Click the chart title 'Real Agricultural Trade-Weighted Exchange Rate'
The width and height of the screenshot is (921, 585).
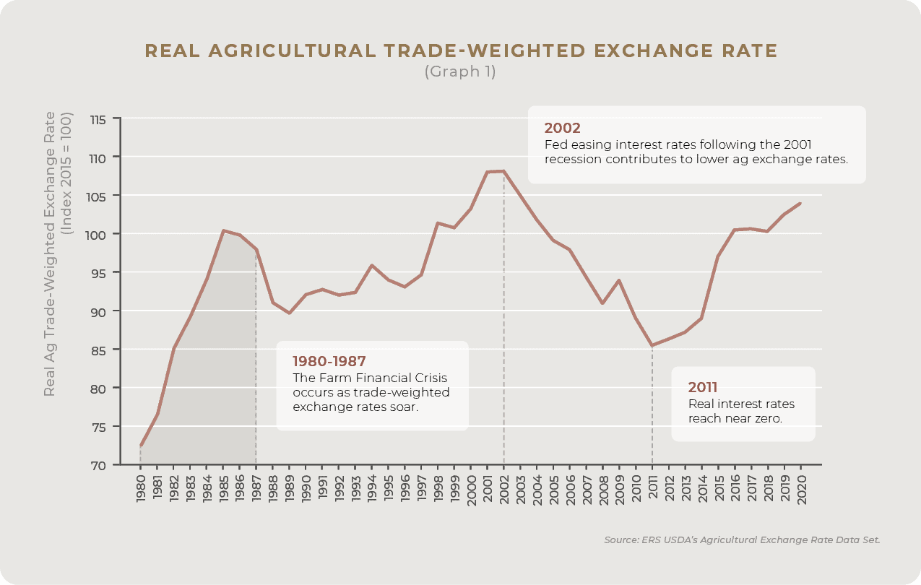461,51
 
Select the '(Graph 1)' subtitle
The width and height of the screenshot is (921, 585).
460,71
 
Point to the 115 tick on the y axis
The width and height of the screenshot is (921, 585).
98,118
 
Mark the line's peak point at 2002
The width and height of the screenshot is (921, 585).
503,171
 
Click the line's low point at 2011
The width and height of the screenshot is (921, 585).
652,345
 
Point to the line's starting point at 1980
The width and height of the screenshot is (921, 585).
141,446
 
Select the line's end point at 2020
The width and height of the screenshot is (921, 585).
800,203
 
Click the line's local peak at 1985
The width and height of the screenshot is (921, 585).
223,230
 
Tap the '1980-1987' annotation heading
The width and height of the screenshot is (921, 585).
329,361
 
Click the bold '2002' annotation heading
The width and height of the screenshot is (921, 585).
562,128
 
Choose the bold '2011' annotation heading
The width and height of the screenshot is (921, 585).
703,387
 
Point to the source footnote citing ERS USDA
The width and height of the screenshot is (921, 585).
742,540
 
